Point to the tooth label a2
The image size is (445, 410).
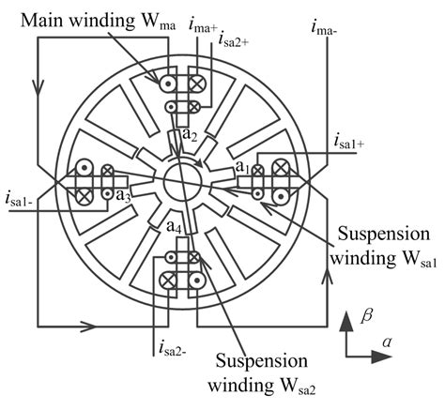coord(190,135)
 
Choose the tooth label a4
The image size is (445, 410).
coord(174,227)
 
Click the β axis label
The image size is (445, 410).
coord(368,319)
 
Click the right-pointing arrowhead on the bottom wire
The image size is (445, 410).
coord(97,327)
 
